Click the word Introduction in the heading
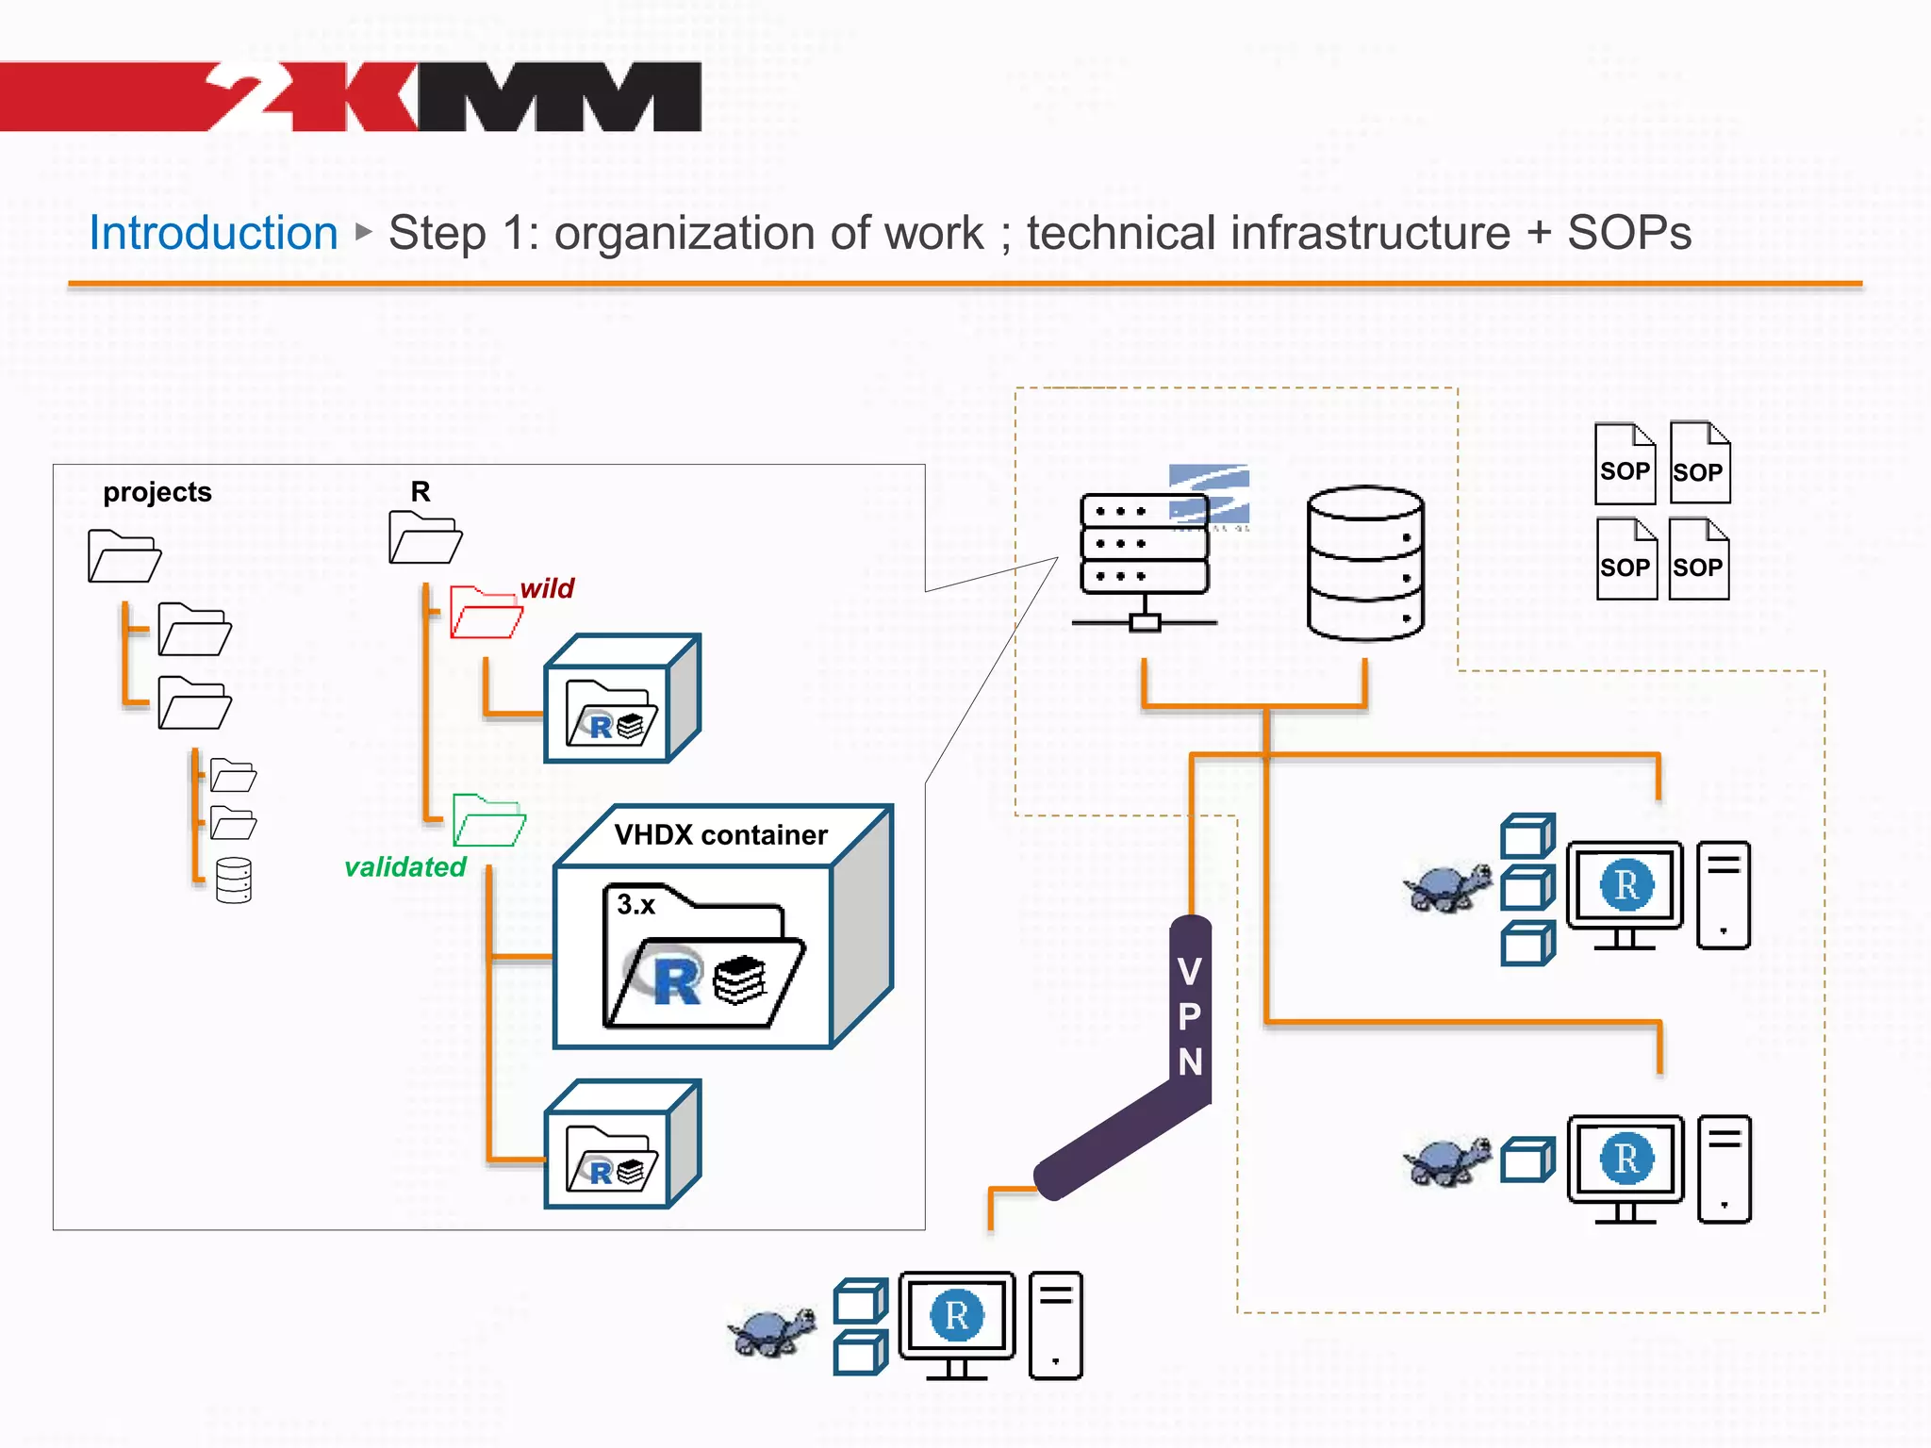click(213, 233)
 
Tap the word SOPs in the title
click(1628, 233)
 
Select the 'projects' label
click(157, 492)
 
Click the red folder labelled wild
click(485, 613)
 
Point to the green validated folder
click(487, 820)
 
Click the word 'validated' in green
click(405, 867)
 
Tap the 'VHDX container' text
click(720, 835)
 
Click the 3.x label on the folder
click(635, 905)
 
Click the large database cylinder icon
click(1364, 564)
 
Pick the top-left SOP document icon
click(1625, 464)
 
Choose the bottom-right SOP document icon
click(1698, 560)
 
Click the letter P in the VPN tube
click(1190, 1016)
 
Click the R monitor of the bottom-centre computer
click(956, 1316)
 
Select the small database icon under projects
click(233, 880)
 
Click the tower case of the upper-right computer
click(1723, 895)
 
